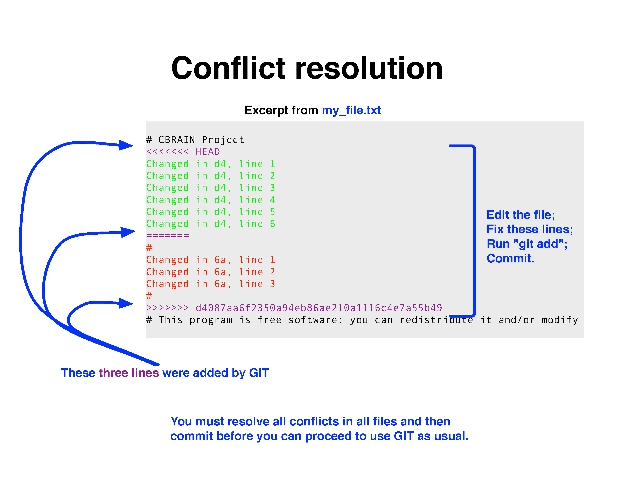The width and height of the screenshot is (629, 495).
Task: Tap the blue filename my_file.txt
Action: (351, 110)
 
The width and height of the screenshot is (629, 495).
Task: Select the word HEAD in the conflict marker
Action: (208, 151)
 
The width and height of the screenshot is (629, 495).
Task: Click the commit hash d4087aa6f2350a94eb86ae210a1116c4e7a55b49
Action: (319, 307)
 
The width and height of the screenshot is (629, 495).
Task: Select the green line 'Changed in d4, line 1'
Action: (211, 164)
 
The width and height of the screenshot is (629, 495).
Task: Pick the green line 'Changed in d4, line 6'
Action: (211, 224)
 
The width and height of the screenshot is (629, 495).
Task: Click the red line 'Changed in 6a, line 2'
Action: (211, 272)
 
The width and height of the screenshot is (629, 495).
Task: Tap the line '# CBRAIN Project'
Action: (195, 140)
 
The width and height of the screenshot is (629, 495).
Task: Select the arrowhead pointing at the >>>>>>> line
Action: (126, 303)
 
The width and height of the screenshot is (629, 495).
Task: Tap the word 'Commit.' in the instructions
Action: (510, 258)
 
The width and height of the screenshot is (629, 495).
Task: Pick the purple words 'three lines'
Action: (129, 373)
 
